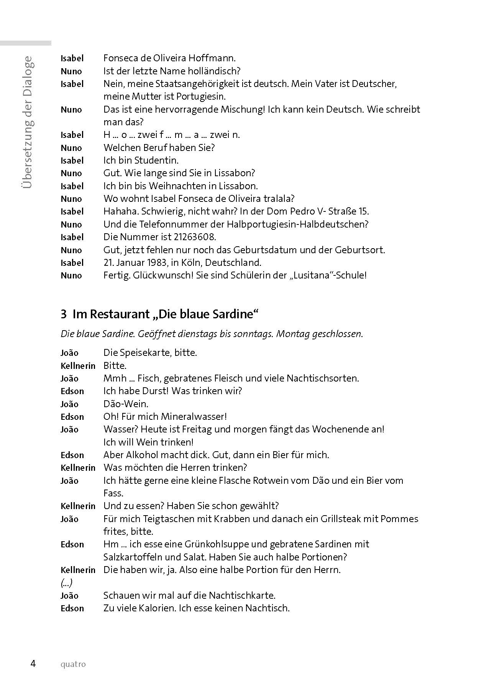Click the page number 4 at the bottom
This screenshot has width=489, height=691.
33,663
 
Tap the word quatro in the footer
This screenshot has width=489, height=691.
73,664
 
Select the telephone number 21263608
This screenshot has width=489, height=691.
194,237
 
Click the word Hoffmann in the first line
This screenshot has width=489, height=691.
213,58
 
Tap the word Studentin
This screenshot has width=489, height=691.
158,160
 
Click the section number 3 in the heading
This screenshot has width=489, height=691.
64,314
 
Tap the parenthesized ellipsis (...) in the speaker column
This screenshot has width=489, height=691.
67,583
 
